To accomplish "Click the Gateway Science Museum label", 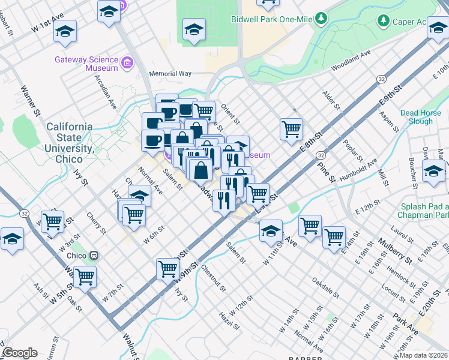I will click(x=85, y=64).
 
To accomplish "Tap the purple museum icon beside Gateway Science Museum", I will click(x=127, y=63).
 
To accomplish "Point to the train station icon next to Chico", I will click(x=93, y=256).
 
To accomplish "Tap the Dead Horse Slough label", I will click(x=424, y=117).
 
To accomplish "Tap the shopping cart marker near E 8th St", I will click(x=291, y=128).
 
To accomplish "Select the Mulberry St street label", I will click(x=394, y=251).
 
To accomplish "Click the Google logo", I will click(x=19, y=353).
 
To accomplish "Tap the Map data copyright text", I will click(x=423, y=355).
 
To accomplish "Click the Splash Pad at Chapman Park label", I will click(x=423, y=211).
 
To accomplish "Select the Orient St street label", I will click(x=230, y=112).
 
